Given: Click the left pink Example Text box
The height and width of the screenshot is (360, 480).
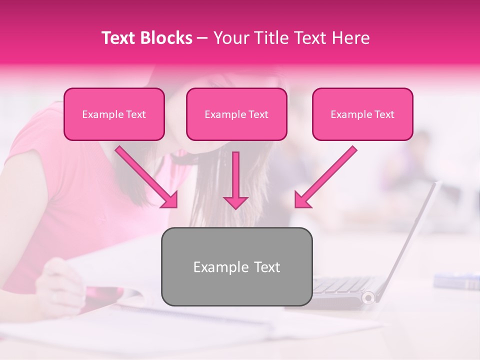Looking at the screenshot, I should click(114, 114).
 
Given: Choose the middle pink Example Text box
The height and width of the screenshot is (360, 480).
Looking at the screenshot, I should click(236, 114).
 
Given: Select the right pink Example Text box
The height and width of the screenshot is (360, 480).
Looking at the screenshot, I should click(362, 114).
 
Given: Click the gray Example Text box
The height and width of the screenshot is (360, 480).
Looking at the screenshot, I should click(236, 266).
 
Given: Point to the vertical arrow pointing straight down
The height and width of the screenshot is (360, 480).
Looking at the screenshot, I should click(235, 180).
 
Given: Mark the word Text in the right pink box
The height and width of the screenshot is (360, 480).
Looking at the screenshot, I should click(384, 114).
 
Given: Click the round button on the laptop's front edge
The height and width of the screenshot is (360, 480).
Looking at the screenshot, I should click(368, 298).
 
